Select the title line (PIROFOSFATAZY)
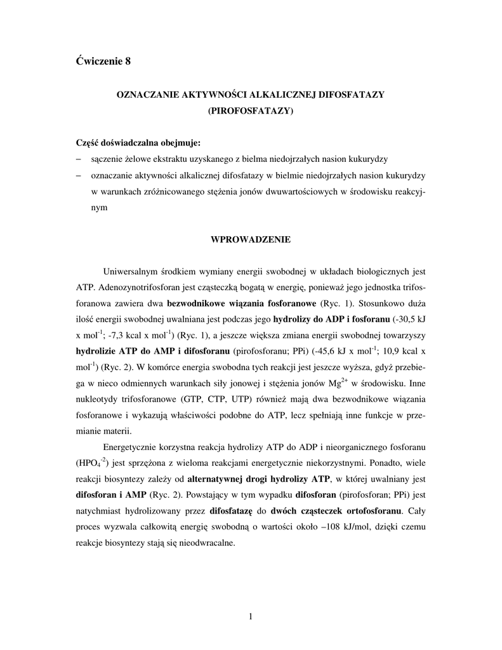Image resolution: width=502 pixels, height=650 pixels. click(250, 110)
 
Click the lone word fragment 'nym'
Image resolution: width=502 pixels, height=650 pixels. click(99, 208)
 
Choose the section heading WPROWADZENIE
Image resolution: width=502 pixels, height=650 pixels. click(250, 240)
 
